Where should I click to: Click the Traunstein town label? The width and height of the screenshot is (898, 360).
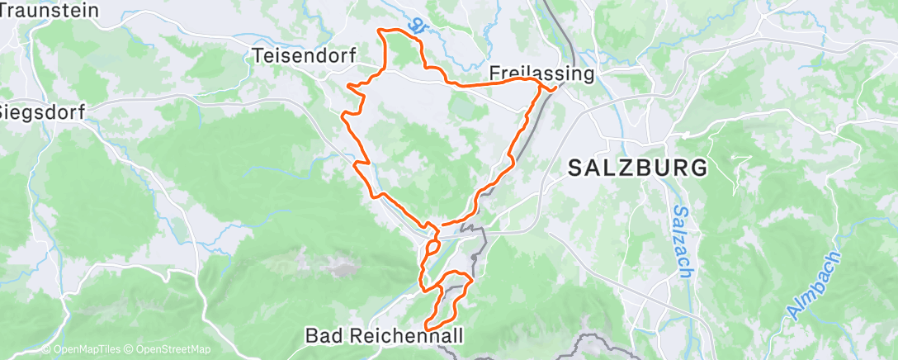50,11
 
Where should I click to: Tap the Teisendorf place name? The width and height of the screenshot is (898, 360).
304,56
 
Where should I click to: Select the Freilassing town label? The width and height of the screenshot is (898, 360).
541,73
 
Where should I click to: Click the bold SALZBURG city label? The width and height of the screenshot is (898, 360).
637,168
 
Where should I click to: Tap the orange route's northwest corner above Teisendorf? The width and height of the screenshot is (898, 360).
380,30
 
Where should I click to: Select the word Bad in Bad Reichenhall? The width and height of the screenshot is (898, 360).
322,336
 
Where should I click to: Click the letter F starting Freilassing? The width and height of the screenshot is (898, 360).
494,73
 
